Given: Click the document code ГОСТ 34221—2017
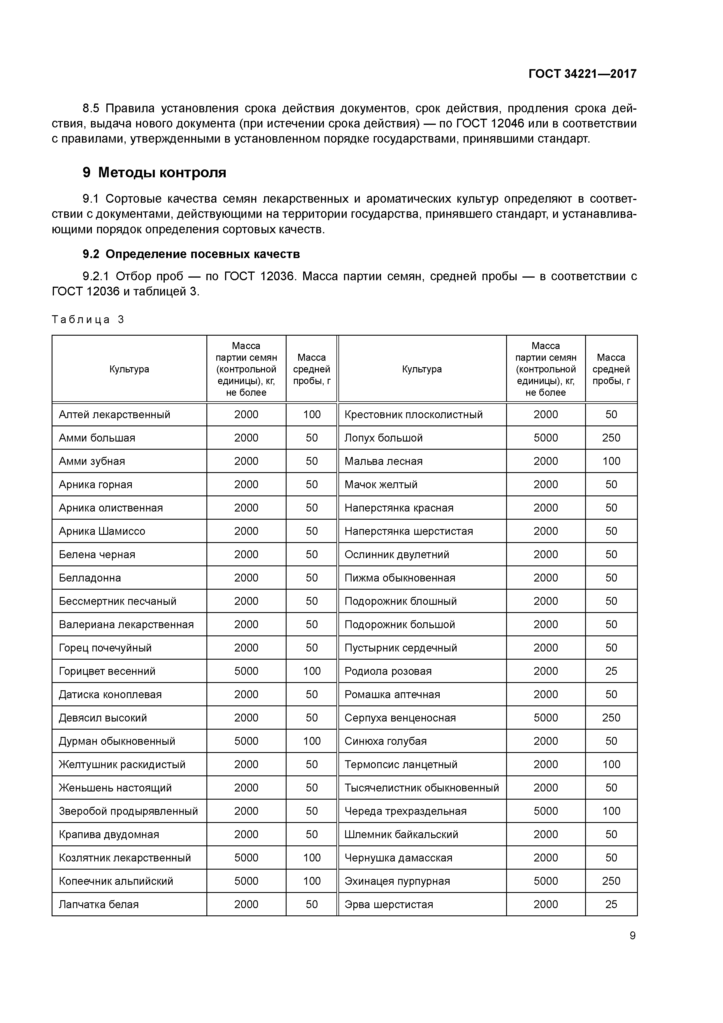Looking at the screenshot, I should (x=582, y=73).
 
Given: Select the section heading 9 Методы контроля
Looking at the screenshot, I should (x=154, y=172).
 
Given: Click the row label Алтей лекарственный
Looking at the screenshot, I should (x=115, y=414).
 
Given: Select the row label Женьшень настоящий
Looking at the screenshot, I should (x=115, y=788).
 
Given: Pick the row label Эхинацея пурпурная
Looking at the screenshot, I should (x=397, y=881).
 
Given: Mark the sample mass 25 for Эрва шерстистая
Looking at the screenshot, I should (x=611, y=904).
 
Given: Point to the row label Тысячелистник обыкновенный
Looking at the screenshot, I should (x=422, y=788).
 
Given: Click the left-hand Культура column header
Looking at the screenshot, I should (x=129, y=369).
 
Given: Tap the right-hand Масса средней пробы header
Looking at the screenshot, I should (x=611, y=369).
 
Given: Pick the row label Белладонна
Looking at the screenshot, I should (x=90, y=578).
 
